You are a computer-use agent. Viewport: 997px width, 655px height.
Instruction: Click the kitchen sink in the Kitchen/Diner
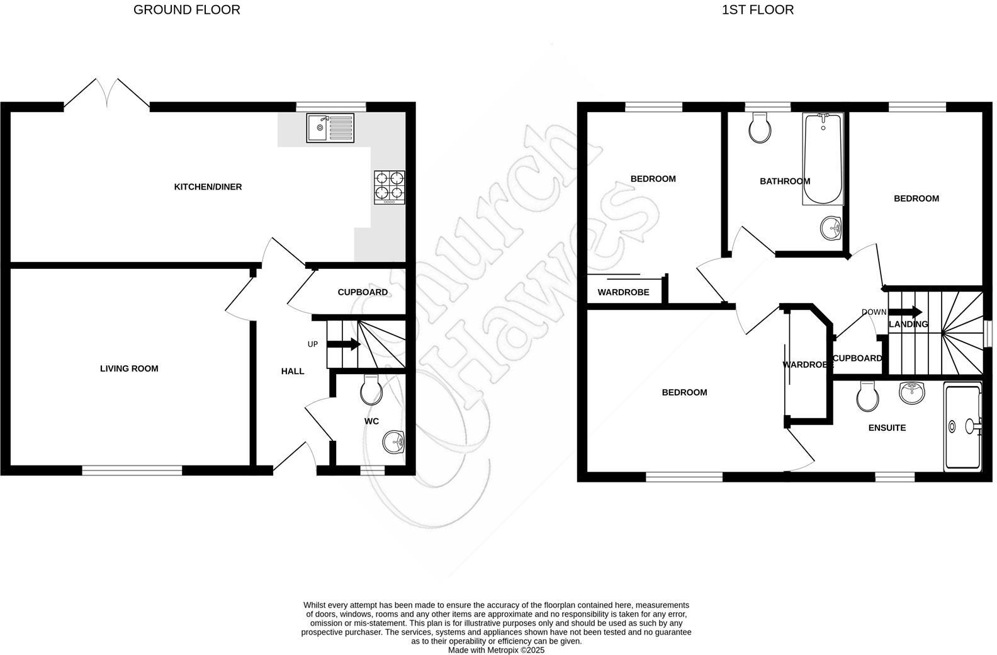pyautogui.click(x=330, y=128)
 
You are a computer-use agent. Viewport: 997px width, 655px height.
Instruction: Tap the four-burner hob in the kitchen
pyautogui.click(x=390, y=187)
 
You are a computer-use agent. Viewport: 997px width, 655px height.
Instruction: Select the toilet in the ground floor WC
pyautogui.click(x=371, y=390)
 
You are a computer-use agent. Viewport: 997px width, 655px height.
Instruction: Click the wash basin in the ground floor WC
pyautogui.click(x=393, y=441)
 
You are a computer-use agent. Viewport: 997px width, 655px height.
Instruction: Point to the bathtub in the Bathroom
pyautogui.click(x=823, y=159)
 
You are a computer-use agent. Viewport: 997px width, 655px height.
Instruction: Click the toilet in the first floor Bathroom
pyautogui.click(x=760, y=128)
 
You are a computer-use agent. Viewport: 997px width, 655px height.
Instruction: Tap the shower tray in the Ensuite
pyautogui.click(x=962, y=426)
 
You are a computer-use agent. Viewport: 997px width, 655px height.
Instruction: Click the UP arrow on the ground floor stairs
pyautogui.click(x=343, y=344)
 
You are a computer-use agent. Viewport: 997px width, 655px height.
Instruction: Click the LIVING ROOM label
pyautogui.click(x=129, y=369)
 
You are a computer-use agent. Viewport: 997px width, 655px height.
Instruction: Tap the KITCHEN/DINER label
pyautogui.click(x=208, y=187)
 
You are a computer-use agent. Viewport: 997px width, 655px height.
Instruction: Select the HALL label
pyautogui.click(x=293, y=372)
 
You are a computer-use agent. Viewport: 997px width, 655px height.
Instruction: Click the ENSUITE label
pyautogui.click(x=887, y=428)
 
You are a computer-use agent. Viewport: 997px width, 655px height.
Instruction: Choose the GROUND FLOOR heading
pyautogui.click(x=187, y=10)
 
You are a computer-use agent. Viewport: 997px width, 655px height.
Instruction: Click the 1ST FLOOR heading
pyautogui.click(x=757, y=10)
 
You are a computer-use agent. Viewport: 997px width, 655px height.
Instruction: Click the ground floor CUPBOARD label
pyautogui.click(x=363, y=293)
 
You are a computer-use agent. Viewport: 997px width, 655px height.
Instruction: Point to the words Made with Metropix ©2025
pyautogui.click(x=496, y=650)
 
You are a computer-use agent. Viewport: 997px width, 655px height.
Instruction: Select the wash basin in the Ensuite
pyautogui.click(x=912, y=393)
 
